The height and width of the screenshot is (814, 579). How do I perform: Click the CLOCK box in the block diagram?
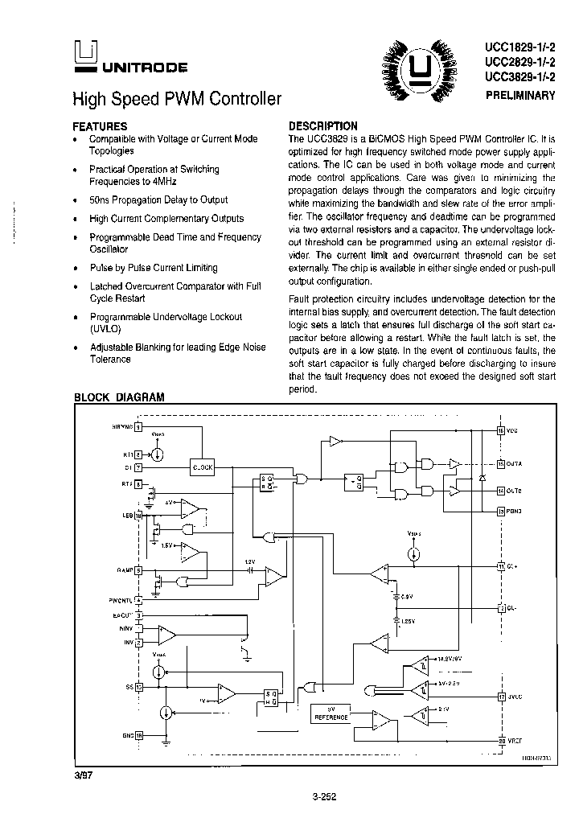(x=203, y=467)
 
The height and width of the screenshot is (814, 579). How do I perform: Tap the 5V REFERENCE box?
(x=331, y=713)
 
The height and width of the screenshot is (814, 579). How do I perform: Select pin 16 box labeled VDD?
(x=500, y=431)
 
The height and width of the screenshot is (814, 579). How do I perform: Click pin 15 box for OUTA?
(x=500, y=463)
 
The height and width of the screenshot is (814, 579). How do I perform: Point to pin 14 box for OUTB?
(x=500, y=491)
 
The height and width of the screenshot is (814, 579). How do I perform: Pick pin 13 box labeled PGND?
(x=500, y=511)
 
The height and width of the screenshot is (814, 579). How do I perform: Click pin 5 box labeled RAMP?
(x=138, y=570)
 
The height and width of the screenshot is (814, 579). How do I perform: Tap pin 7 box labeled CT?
(x=138, y=467)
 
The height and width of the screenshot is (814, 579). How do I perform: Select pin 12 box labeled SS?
(x=138, y=688)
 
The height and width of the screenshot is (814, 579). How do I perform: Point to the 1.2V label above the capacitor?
(x=249, y=561)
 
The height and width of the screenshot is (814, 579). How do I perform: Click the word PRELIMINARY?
(x=520, y=95)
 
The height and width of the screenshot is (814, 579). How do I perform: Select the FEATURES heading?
(x=100, y=126)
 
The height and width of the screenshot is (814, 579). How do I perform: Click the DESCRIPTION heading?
(x=322, y=125)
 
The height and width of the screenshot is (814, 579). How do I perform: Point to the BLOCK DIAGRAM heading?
(x=119, y=397)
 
